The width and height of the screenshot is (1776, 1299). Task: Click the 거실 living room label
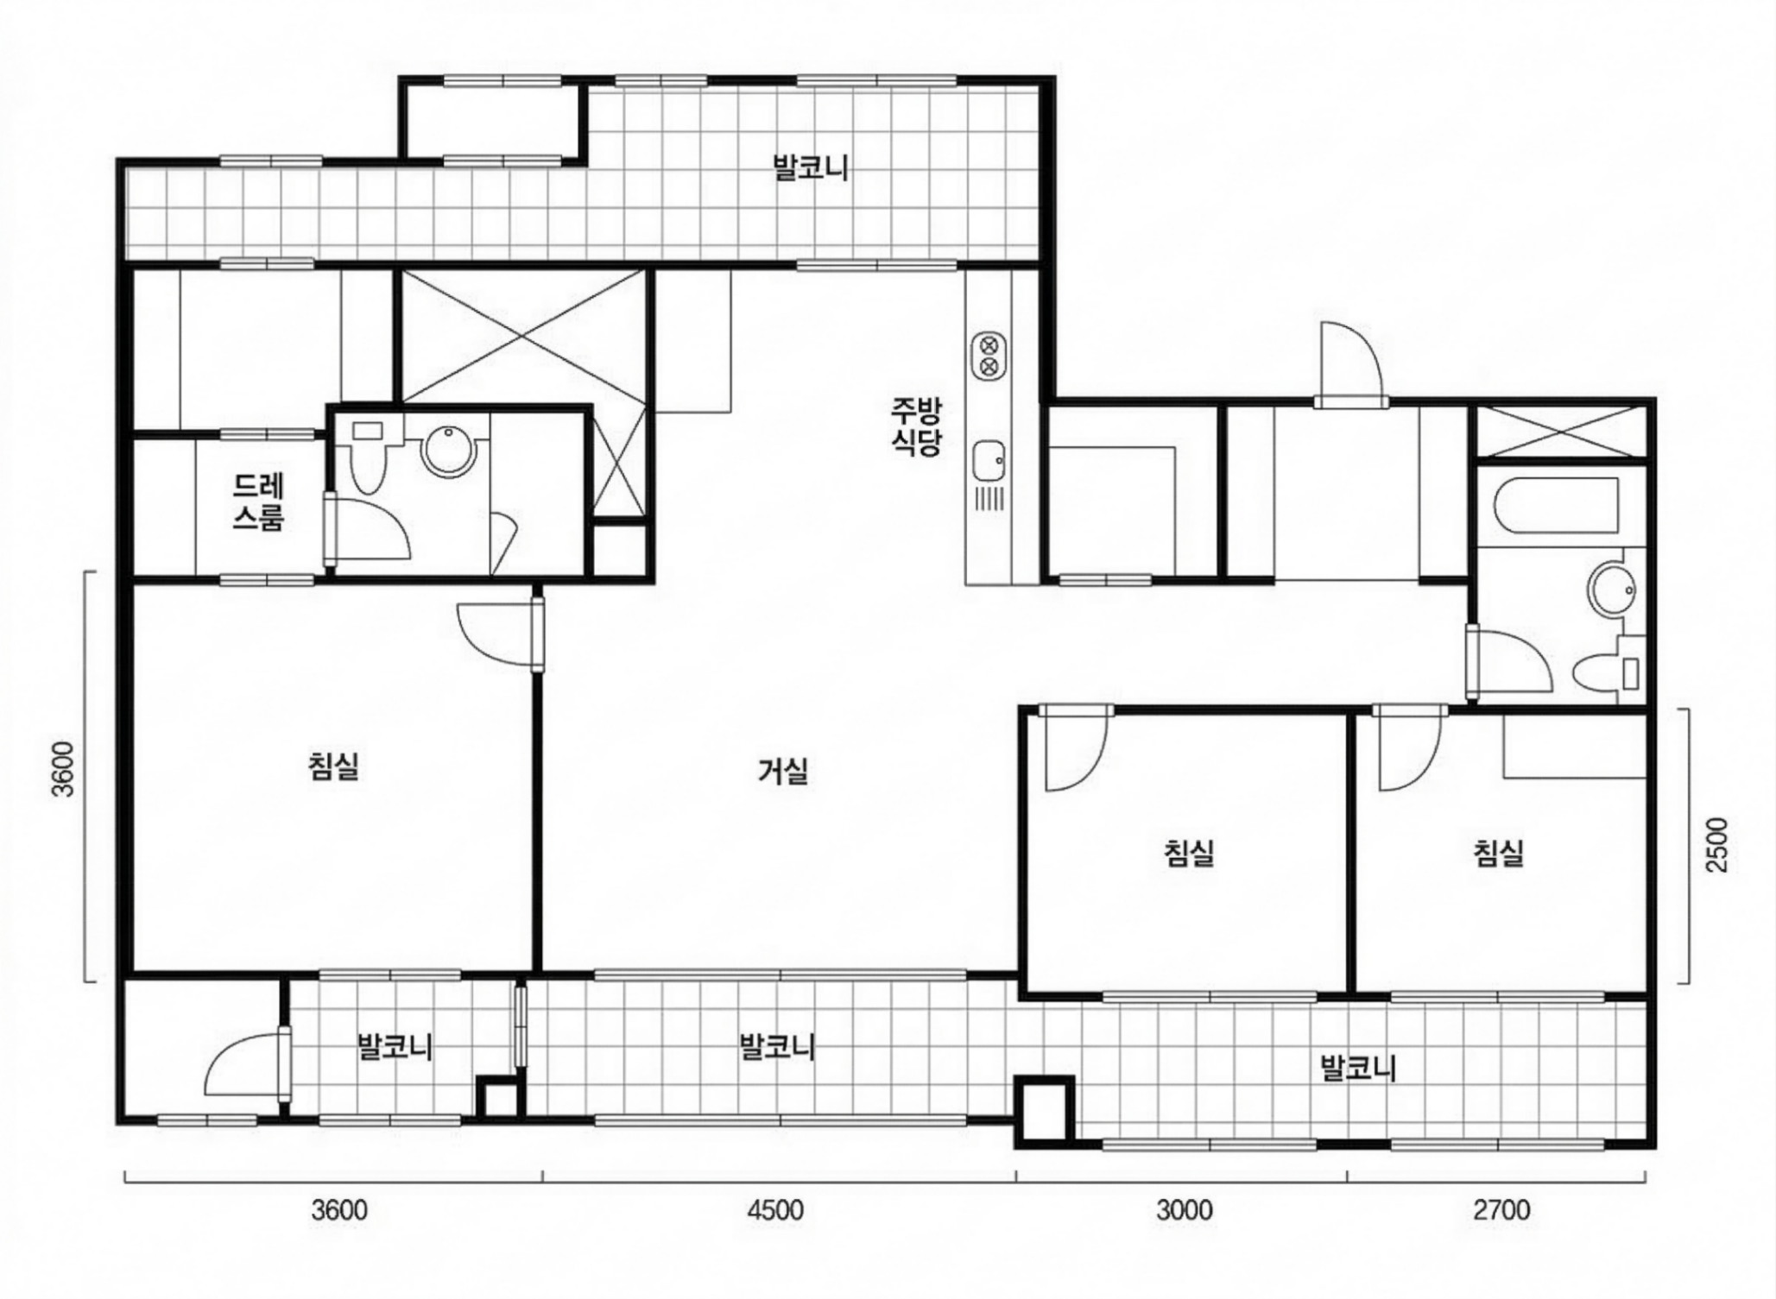[x=783, y=771]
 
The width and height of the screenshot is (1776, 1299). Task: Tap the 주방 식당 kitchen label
[x=917, y=426]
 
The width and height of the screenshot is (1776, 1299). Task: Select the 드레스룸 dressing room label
[x=259, y=501]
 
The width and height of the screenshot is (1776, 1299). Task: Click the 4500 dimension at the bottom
[x=775, y=1210]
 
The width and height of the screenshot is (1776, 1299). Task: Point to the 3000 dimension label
[x=1184, y=1210]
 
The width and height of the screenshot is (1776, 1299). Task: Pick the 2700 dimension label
[x=1501, y=1210]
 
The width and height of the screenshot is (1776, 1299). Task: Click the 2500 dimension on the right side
[x=1718, y=845]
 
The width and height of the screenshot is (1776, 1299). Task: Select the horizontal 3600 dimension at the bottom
[x=339, y=1210]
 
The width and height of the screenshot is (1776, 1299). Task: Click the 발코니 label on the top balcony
[x=810, y=167]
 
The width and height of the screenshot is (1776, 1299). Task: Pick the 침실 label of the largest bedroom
[x=333, y=766]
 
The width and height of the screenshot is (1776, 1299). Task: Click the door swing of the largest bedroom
[x=495, y=634]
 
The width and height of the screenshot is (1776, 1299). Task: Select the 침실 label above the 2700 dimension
[x=1499, y=853]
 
